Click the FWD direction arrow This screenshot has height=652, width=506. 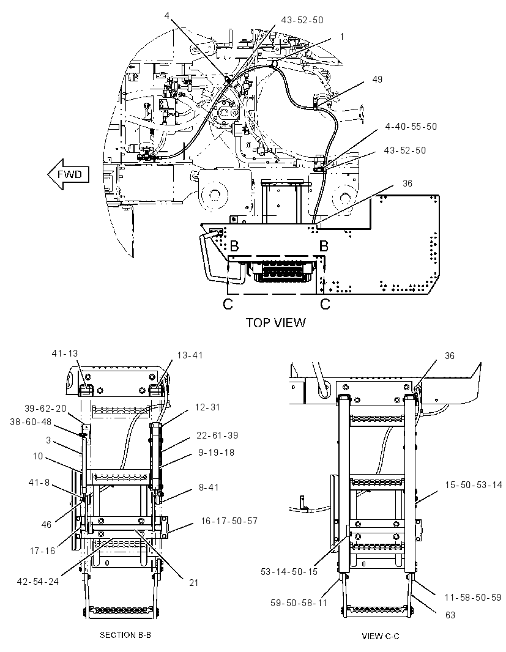tap(69, 175)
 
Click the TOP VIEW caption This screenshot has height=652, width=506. tap(275, 323)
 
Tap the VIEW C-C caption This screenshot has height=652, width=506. tap(381, 635)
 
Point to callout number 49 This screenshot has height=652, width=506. tap(377, 79)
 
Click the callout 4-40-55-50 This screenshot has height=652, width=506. tap(411, 127)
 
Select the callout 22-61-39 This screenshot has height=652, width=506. tap(217, 435)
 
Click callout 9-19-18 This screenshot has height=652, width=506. tap(216, 453)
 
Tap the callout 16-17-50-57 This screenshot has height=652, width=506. tap(229, 520)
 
